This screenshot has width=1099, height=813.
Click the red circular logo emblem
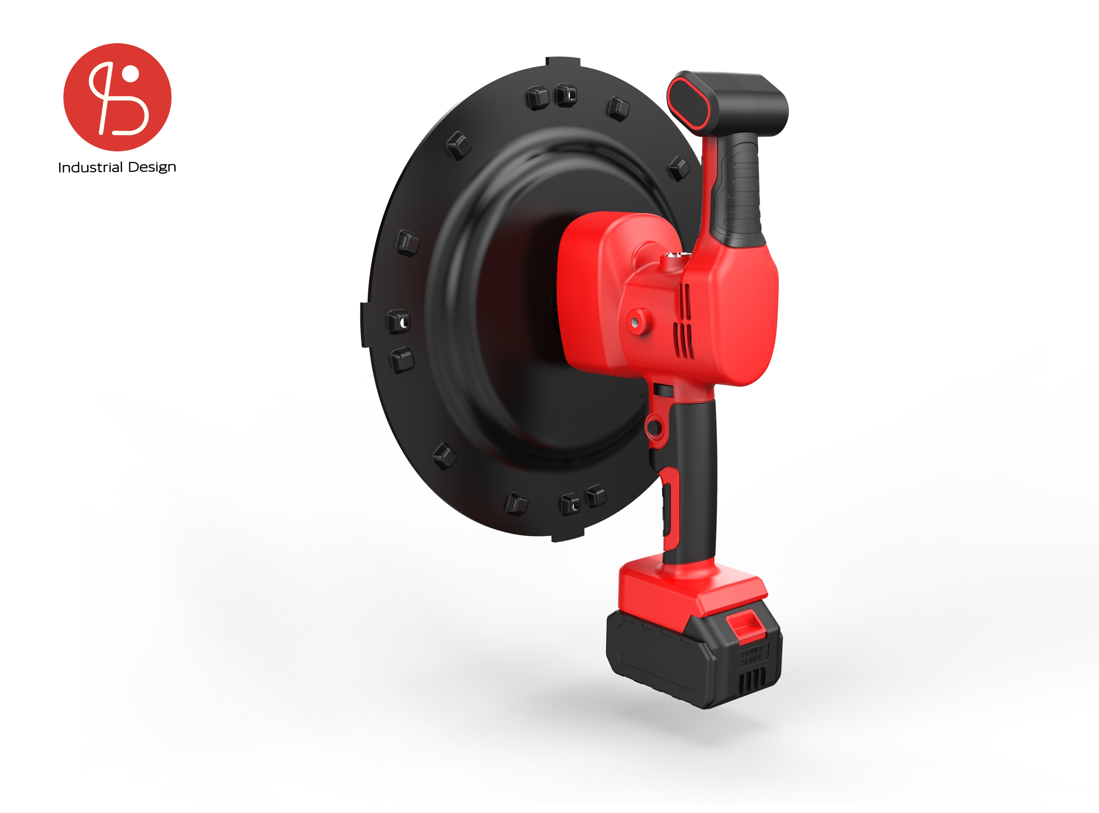(117, 97)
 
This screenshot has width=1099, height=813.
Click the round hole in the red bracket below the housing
(654, 427)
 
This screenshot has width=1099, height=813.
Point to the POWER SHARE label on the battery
(752, 655)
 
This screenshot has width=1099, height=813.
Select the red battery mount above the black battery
(689, 588)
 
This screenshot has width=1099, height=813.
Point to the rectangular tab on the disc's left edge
(365, 325)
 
